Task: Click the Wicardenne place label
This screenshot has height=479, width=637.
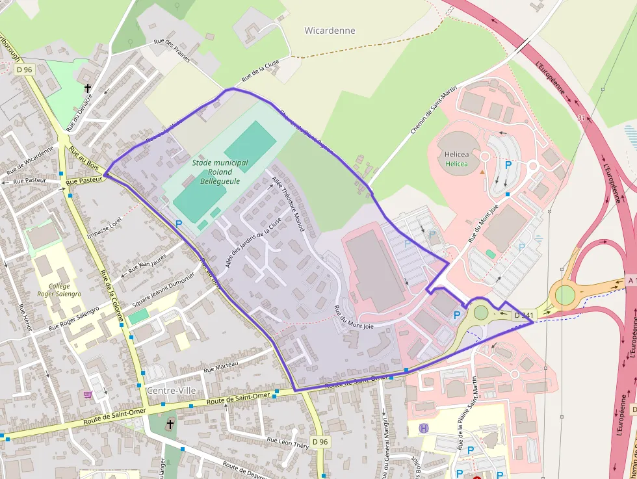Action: pyautogui.click(x=330, y=31)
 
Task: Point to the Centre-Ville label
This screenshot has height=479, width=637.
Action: pyautogui.click(x=171, y=390)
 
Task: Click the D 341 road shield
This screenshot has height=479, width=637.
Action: pyautogui.click(x=523, y=315)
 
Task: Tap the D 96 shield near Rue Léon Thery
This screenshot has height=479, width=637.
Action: pyautogui.click(x=319, y=442)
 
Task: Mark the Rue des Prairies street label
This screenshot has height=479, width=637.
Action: pyautogui.click(x=172, y=50)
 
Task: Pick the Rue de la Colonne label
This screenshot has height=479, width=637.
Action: pyautogui.click(x=109, y=292)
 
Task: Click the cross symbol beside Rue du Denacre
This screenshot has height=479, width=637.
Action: pyautogui.click(x=87, y=88)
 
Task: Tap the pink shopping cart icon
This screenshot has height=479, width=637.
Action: pyautogui.click(x=88, y=394)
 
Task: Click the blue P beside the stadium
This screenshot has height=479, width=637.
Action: pyautogui.click(x=179, y=224)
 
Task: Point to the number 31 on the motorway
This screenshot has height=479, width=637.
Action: pyautogui.click(x=581, y=118)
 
